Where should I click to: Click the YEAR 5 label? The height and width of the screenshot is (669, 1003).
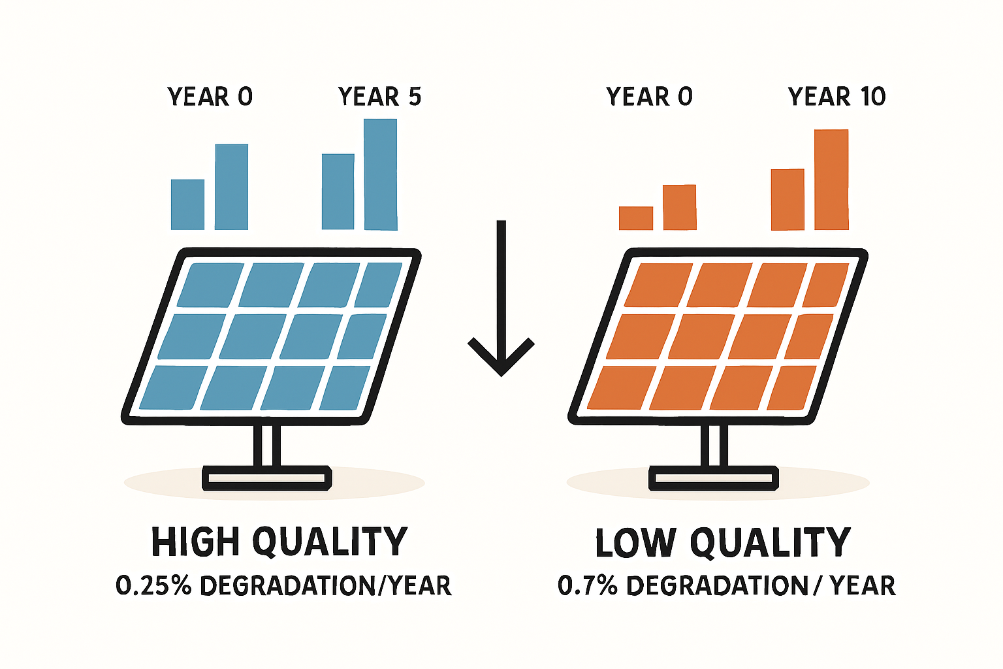tap(379, 97)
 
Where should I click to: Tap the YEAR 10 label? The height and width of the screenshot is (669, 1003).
tap(836, 97)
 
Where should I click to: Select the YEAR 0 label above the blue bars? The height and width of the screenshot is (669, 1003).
tap(210, 97)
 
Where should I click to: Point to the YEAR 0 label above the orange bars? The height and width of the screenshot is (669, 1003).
tap(648, 97)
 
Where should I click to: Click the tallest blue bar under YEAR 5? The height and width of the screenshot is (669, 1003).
tap(381, 174)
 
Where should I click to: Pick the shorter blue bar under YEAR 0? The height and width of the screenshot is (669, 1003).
tap(187, 204)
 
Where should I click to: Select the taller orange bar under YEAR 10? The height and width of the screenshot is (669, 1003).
tap(831, 180)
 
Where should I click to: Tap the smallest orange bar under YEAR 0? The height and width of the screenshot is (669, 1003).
tap(635, 218)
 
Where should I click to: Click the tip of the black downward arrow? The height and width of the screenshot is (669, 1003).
tap(501, 372)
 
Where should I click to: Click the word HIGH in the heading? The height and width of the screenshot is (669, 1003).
tap(195, 542)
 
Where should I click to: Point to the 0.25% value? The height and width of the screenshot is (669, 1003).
tap(153, 585)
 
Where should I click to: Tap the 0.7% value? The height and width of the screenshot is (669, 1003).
tap(588, 585)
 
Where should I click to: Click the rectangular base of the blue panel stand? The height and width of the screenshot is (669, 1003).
tap(266, 479)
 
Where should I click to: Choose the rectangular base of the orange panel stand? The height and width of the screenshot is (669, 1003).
tap(714, 479)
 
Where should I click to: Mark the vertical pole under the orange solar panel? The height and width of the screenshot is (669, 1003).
tap(714, 446)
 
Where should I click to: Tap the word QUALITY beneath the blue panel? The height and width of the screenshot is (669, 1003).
tap(330, 542)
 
